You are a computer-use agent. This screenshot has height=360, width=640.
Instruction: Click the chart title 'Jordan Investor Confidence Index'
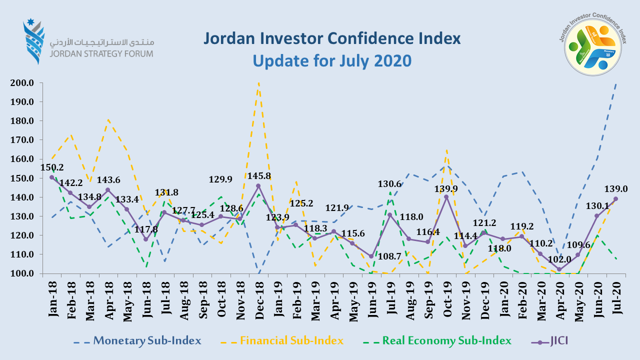coord(331,39)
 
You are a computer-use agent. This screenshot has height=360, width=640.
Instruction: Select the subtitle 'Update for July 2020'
coord(331,60)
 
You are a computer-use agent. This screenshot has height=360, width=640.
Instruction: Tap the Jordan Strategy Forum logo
coord(88,43)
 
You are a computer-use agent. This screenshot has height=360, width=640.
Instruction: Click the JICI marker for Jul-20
coord(615,199)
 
